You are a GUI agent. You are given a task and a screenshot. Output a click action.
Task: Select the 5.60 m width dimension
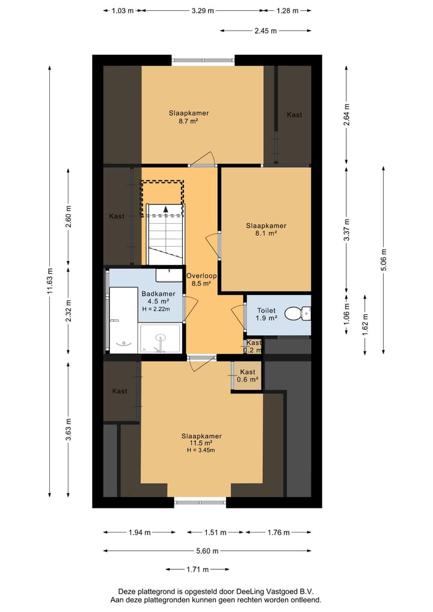tap(207, 551)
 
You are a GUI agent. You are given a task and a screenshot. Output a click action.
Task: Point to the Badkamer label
tap(155, 294)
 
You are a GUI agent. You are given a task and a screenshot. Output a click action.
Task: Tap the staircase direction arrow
tap(165, 208)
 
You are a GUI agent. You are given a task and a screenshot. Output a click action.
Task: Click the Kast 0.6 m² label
tap(247, 376)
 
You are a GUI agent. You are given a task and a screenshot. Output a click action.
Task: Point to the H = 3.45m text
tap(201, 450)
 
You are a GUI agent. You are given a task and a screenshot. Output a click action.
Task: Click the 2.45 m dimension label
tap(265, 31)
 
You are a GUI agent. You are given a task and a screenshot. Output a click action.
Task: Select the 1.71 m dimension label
tap(197, 569)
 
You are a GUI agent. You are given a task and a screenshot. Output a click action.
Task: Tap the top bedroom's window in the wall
tap(203, 60)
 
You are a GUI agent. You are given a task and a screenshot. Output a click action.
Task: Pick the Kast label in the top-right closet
tap(294, 114)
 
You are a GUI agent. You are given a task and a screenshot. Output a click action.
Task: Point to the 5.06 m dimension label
tap(384, 260)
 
